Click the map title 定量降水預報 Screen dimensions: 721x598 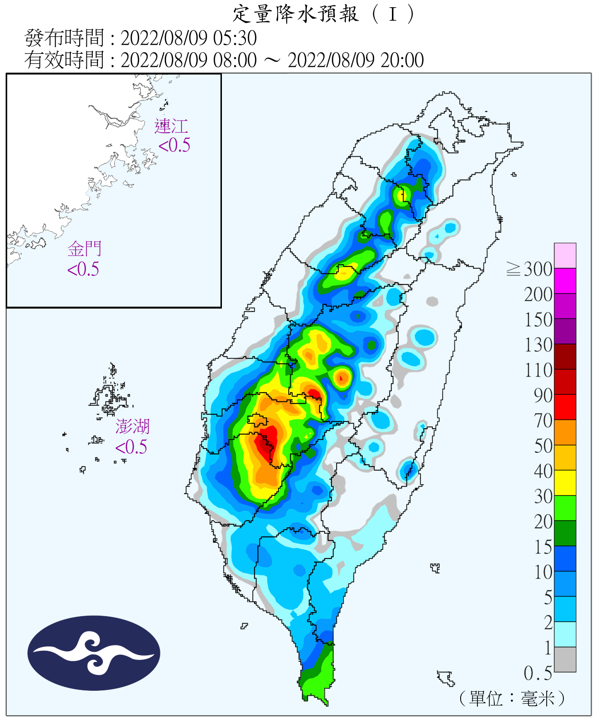click(x=295, y=14)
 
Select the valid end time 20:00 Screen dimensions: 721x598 click(x=402, y=61)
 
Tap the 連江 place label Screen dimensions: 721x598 click(x=171, y=126)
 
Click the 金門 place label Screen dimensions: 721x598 click(x=85, y=249)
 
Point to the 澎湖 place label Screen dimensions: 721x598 click(x=132, y=426)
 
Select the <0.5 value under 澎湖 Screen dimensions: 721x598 click(x=131, y=447)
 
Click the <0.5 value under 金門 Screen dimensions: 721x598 click(x=83, y=269)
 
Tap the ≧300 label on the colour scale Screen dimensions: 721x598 click(x=529, y=269)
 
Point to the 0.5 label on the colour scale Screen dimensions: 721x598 click(x=537, y=673)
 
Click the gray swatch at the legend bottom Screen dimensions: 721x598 click(x=565, y=659)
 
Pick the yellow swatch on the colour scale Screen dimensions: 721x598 click(x=565, y=483)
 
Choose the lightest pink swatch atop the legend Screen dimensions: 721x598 click(x=565, y=255)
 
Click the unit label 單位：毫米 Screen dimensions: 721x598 click(x=512, y=698)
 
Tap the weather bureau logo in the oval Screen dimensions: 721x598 click(x=94, y=653)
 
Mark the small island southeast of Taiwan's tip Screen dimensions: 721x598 click(x=446, y=678)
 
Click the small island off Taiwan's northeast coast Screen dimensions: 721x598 click(x=514, y=174)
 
